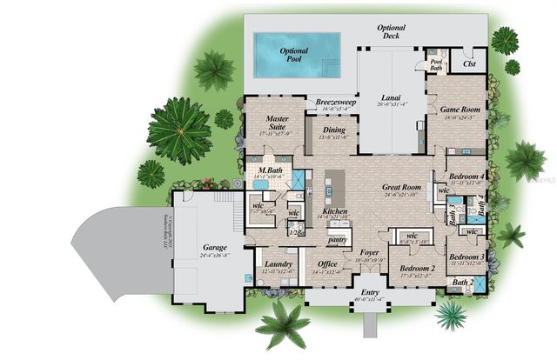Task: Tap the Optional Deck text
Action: coord(391,32)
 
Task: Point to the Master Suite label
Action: coord(277,123)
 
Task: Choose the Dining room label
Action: coord(334,130)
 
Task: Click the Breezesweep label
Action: coord(334,102)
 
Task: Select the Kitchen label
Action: coord(335,210)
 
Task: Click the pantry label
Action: coord(339,238)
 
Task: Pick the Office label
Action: coord(328,263)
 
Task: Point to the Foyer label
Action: coord(369,253)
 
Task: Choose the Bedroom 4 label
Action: coord(466,177)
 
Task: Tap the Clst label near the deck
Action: coord(469,63)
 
